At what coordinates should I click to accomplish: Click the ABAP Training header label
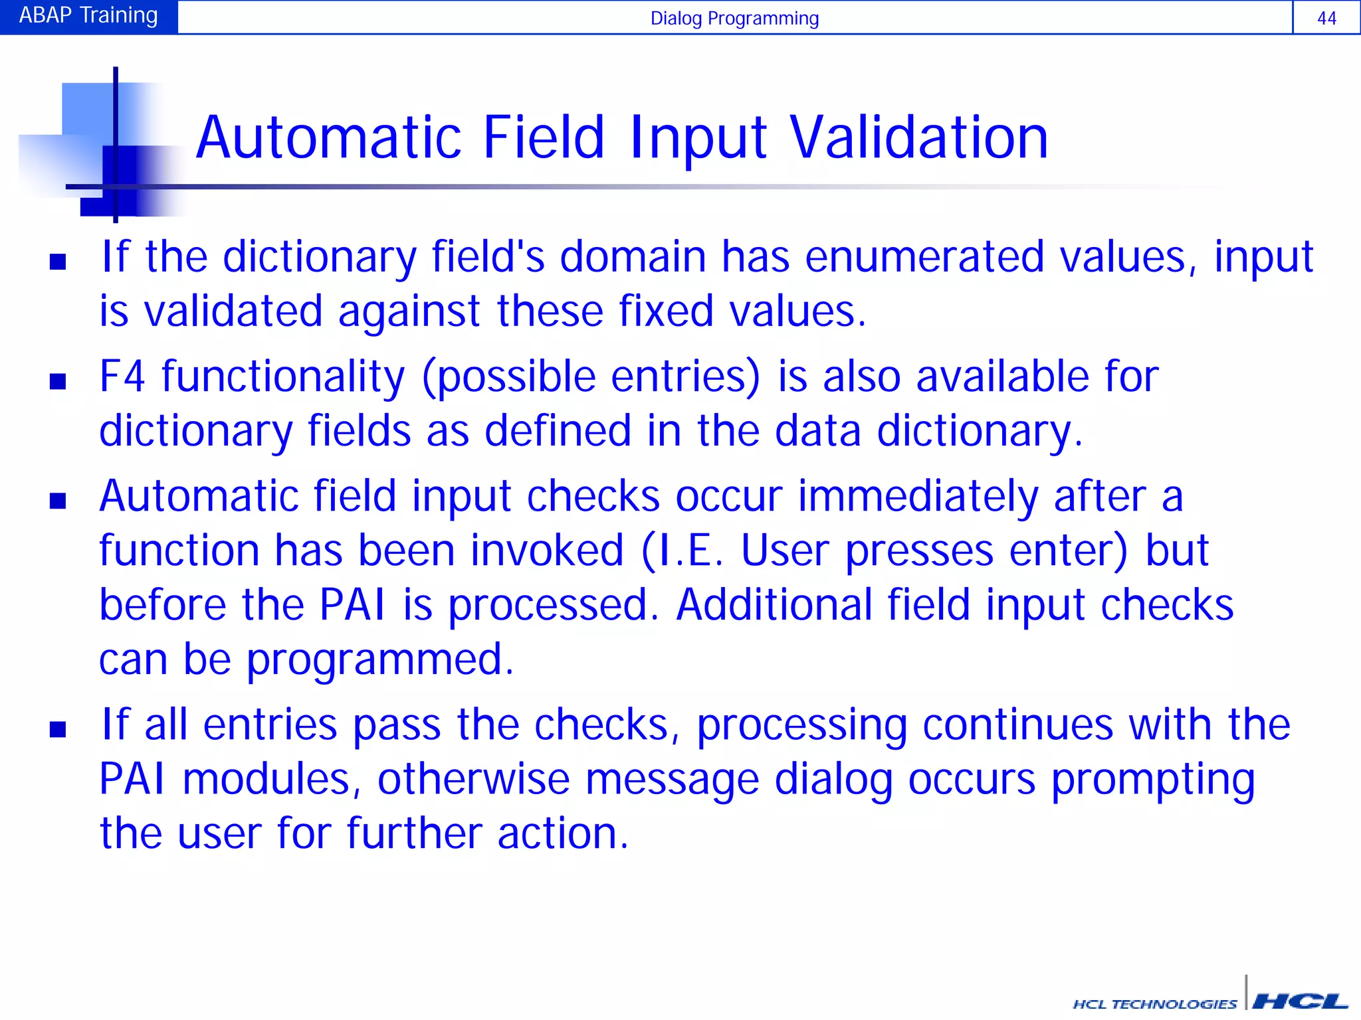pyautogui.click(x=88, y=16)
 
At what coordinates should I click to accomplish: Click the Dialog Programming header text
pyautogui.click(x=734, y=19)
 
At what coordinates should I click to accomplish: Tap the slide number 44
pyautogui.click(x=1326, y=19)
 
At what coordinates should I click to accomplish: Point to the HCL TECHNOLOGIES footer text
pyautogui.click(x=1155, y=1004)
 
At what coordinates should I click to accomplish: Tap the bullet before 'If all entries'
pyautogui.click(x=58, y=729)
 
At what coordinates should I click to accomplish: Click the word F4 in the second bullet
pyautogui.click(x=122, y=377)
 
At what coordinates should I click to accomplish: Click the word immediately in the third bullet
pyautogui.click(x=918, y=497)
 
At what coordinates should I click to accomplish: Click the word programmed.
pyautogui.click(x=380, y=660)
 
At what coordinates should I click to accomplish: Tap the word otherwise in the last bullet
pyautogui.click(x=473, y=780)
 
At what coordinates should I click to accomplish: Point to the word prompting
pyautogui.click(x=1153, y=781)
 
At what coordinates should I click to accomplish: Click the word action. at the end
pyautogui.click(x=562, y=834)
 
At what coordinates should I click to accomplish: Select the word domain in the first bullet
pyautogui.click(x=633, y=257)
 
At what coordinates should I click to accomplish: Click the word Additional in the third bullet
pyautogui.click(x=774, y=606)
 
